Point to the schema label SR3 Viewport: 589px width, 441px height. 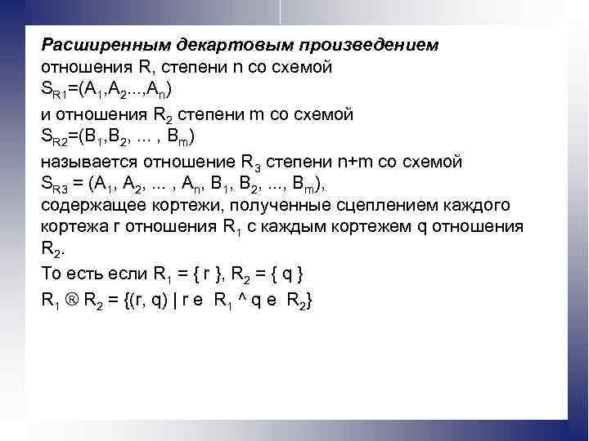point(56,184)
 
